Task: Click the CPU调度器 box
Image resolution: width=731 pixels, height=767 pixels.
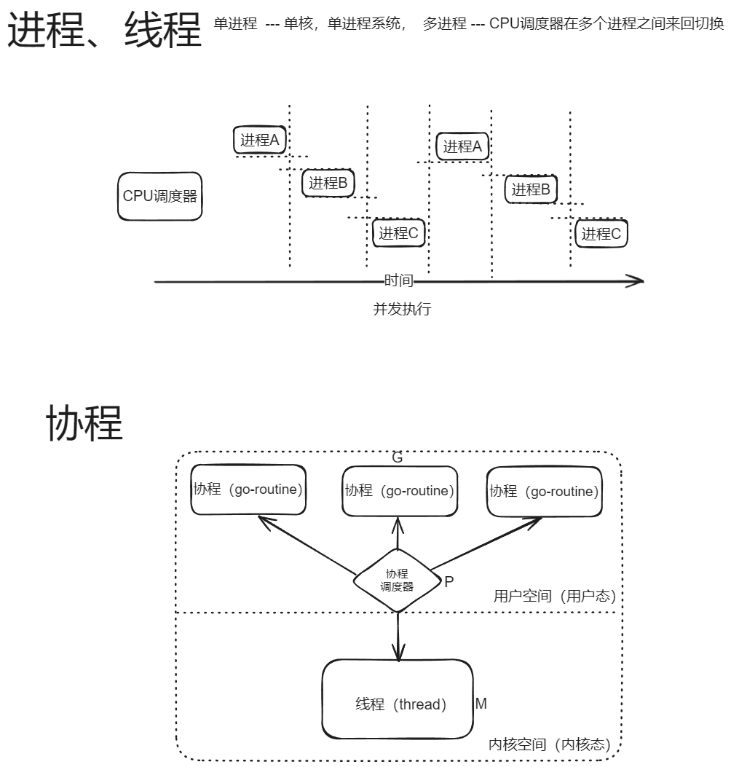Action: [159, 196]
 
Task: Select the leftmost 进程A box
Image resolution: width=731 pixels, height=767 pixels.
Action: [261, 140]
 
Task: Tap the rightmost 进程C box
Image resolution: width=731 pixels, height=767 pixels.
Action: [601, 234]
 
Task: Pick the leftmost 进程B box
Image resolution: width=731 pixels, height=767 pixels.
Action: [328, 183]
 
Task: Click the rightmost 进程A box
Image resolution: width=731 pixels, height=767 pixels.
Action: [463, 146]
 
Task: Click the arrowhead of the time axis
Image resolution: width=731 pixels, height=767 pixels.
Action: [636, 281]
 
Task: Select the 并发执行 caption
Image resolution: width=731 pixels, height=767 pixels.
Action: [402, 309]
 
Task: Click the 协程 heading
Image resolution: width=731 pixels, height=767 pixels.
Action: [84, 423]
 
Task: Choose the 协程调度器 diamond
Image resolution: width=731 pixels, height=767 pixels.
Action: [398, 581]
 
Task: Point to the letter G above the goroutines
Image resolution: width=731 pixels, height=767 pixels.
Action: [398, 458]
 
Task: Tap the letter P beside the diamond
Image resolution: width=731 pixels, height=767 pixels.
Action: [449, 582]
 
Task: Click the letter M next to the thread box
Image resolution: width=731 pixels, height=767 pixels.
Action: [481, 704]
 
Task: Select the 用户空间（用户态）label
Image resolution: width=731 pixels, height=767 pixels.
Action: [555, 597]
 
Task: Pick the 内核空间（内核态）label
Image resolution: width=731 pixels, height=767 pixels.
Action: [549, 745]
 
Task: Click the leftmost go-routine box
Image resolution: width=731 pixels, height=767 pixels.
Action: [248, 489]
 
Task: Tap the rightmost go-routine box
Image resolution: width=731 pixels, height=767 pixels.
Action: [544, 492]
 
